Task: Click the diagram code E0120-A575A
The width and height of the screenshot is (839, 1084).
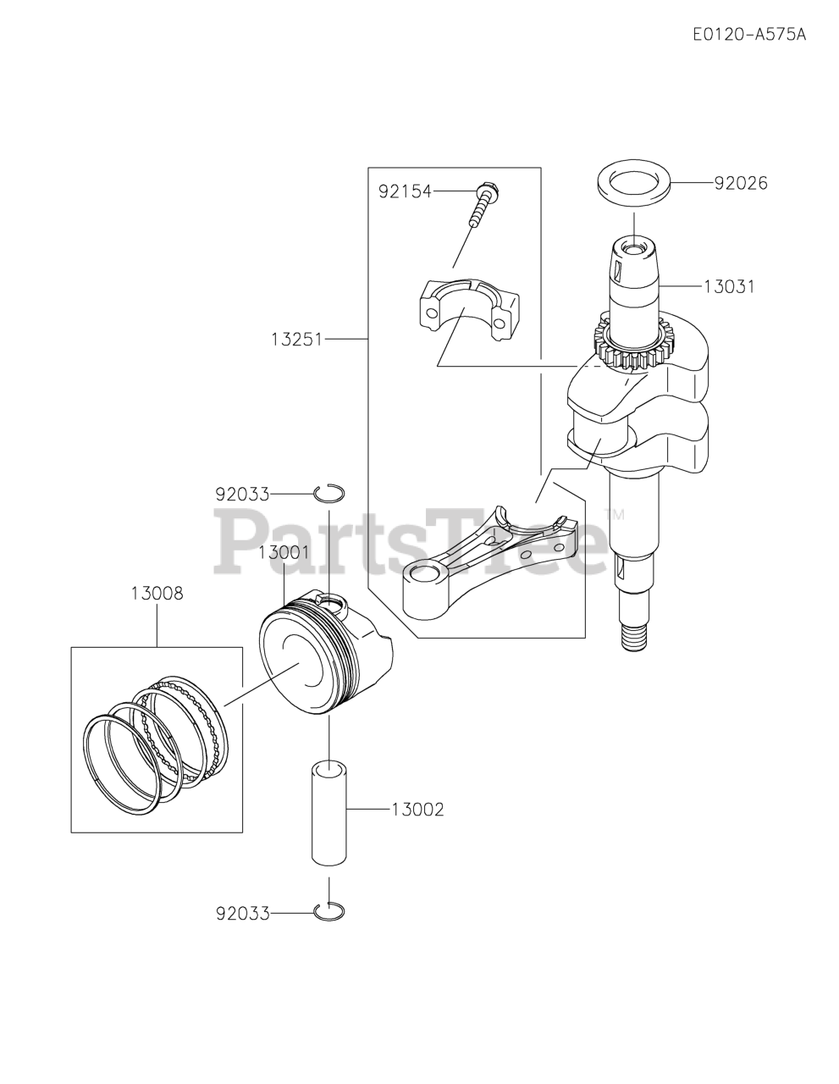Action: click(748, 35)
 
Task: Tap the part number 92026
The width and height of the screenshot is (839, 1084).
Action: click(741, 183)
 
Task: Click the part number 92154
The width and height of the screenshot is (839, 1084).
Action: click(405, 191)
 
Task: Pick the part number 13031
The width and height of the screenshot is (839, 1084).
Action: click(729, 287)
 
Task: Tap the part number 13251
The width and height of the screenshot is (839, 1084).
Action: click(297, 340)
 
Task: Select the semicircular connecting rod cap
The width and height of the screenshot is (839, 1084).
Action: click(467, 309)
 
